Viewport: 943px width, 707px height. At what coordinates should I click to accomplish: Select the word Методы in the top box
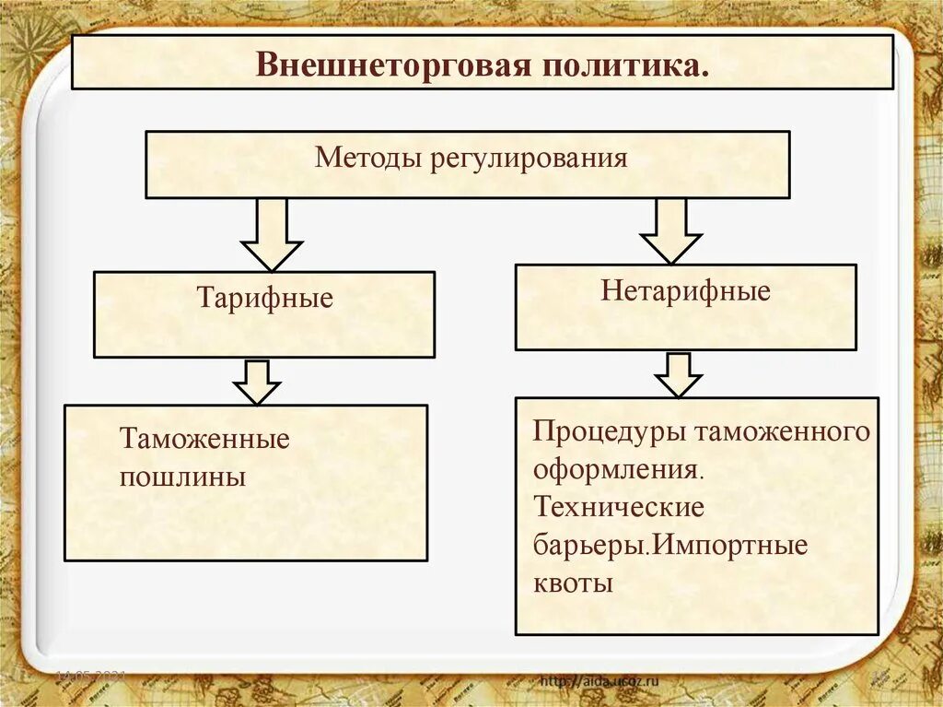coord(367,157)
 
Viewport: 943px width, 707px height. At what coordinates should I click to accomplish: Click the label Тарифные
coord(264,299)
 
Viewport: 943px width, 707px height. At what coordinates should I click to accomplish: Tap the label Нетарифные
coord(685,292)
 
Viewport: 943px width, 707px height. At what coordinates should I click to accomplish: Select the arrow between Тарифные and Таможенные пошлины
coord(257,382)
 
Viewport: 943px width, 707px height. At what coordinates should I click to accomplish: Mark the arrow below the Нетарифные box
coord(679,374)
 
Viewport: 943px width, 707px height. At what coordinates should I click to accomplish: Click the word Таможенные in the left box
coord(204,439)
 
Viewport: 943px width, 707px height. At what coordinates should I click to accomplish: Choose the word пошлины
coord(182,477)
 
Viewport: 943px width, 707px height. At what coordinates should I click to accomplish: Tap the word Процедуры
coord(609,431)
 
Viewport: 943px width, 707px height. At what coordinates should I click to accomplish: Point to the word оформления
coord(618,469)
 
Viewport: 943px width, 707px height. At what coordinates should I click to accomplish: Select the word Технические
coord(619,507)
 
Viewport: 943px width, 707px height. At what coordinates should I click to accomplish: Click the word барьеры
coord(586,545)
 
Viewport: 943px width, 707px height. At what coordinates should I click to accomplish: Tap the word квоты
coord(572,583)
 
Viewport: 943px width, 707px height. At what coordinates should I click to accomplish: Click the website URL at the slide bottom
coord(599,681)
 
